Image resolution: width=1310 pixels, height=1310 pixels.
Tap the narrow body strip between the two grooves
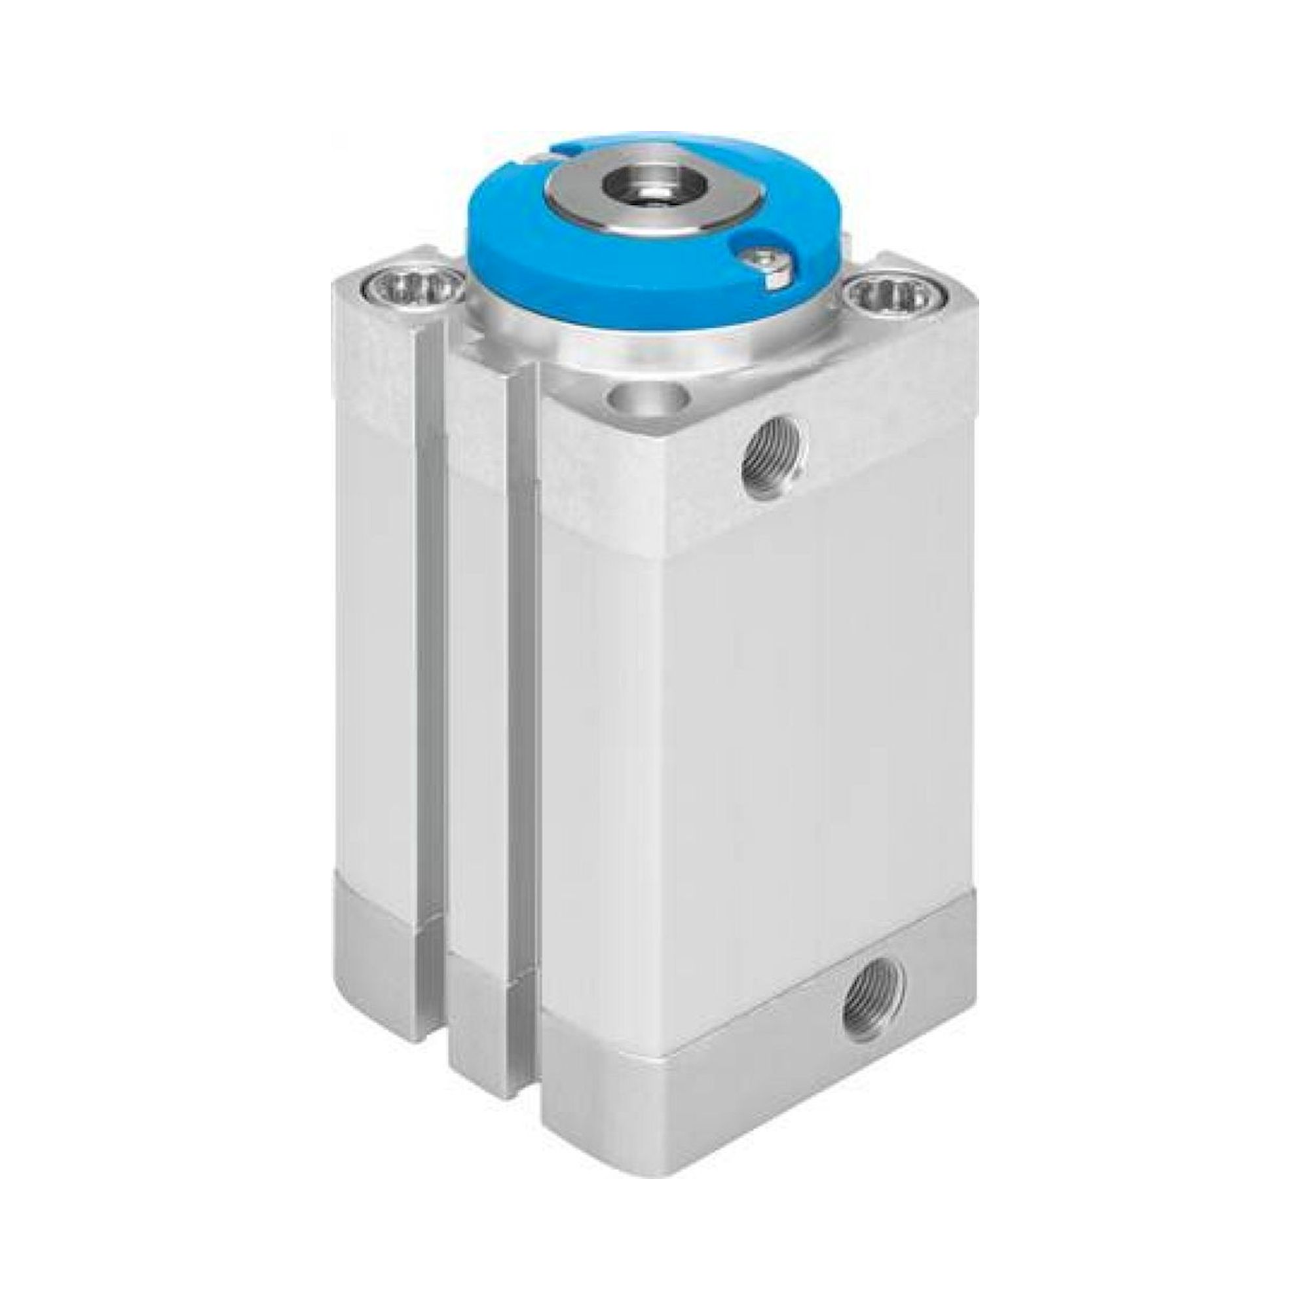(477, 678)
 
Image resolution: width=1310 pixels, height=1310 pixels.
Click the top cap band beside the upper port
(882, 434)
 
